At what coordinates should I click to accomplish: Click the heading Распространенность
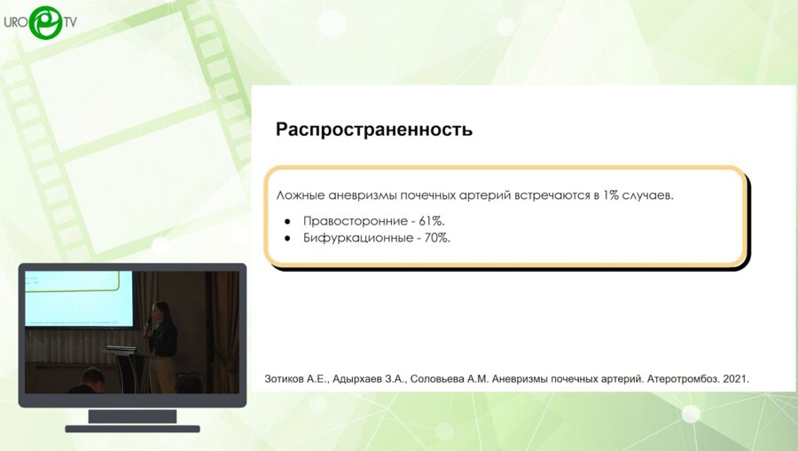tap(373, 130)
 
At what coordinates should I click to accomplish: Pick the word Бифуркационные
tap(354, 238)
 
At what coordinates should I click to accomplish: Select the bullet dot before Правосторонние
tap(287, 220)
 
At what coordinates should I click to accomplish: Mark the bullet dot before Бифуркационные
tap(287, 238)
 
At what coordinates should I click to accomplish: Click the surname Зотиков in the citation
tap(290, 378)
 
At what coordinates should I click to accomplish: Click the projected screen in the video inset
tap(78, 298)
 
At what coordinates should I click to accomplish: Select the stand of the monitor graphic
tap(132, 417)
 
